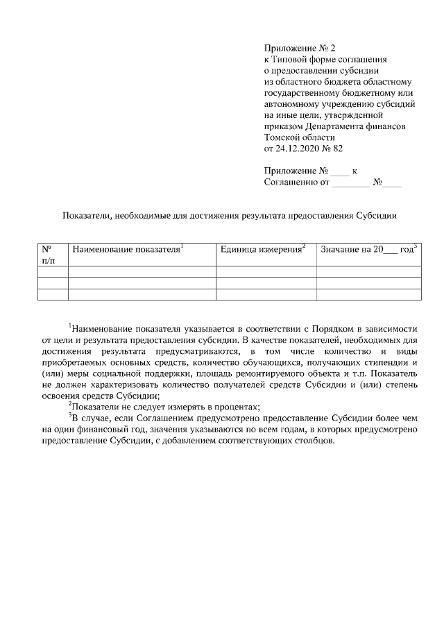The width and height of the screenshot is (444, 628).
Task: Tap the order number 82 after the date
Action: (x=337, y=148)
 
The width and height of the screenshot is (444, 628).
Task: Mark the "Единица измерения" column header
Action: (x=262, y=248)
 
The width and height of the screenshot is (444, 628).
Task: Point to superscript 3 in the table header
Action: (x=415, y=245)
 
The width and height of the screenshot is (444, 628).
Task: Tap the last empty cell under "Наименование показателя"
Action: (x=142, y=294)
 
